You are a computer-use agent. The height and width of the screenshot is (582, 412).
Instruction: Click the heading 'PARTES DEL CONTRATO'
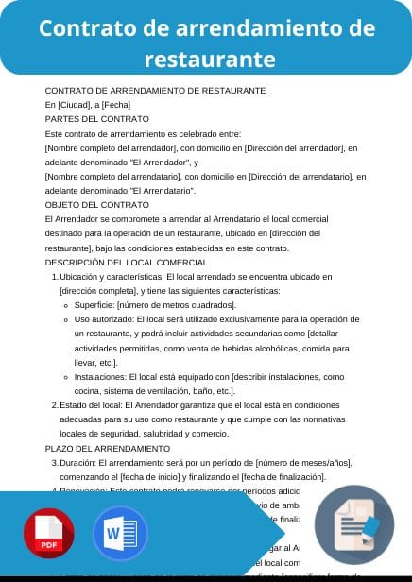[97, 119]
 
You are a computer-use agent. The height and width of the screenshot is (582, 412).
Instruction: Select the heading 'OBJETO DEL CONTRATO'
[97, 204]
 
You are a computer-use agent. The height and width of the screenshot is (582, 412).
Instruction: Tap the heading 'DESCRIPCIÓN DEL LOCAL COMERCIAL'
[127, 262]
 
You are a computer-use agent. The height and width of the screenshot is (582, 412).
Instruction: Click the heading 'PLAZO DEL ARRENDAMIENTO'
[108, 448]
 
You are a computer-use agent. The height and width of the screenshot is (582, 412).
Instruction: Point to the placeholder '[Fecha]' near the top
[116, 105]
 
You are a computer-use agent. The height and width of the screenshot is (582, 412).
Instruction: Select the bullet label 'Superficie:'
[94, 305]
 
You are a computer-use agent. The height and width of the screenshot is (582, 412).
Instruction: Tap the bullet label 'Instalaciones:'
[102, 376]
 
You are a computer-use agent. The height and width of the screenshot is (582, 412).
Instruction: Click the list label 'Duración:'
[78, 462]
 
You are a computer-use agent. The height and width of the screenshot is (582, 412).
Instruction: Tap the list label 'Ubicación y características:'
[111, 276]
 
